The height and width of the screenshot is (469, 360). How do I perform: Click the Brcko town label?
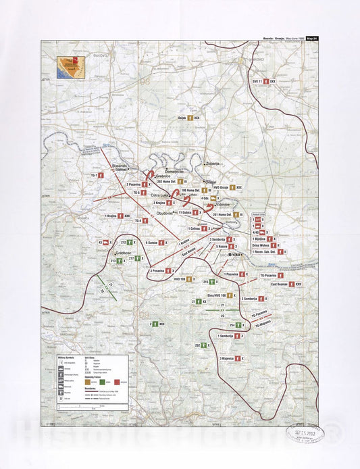click(235, 256)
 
